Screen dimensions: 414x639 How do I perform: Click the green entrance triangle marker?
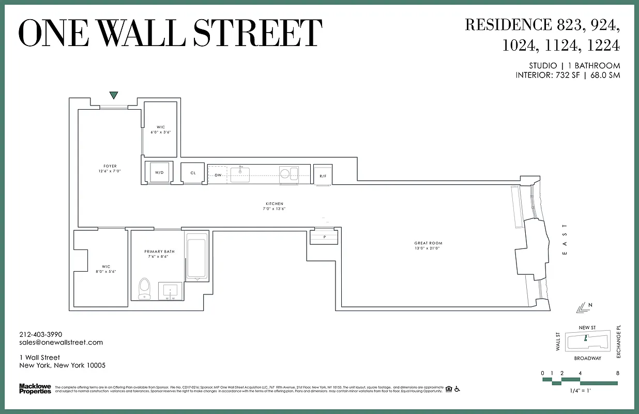pyautogui.click(x=114, y=95)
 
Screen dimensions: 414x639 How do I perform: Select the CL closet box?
pyautogui.click(x=193, y=173)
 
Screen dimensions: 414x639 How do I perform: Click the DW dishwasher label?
pyautogui.click(x=218, y=175)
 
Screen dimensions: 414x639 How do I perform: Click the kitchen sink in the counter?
pyautogui.click(x=240, y=173)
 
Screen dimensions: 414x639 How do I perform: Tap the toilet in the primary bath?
pyautogui.click(x=145, y=288)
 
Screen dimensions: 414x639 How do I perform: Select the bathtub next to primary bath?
pyautogui.click(x=196, y=257)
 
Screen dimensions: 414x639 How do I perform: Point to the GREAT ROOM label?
pyautogui.click(x=428, y=243)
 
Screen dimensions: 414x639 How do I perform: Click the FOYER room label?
pyautogui.click(x=110, y=166)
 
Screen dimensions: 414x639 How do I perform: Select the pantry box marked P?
pyautogui.click(x=324, y=236)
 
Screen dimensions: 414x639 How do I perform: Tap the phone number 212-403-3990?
pyautogui.click(x=40, y=334)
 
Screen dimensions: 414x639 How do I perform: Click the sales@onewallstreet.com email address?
pyautogui.click(x=61, y=342)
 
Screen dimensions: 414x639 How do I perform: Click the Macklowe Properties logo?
pyautogui.click(x=35, y=389)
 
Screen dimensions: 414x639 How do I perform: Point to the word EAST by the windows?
pyautogui.click(x=565, y=239)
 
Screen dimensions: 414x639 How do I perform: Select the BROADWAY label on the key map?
pyautogui.click(x=587, y=358)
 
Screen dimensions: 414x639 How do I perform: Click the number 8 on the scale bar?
pyautogui.click(x=617, y=373)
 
